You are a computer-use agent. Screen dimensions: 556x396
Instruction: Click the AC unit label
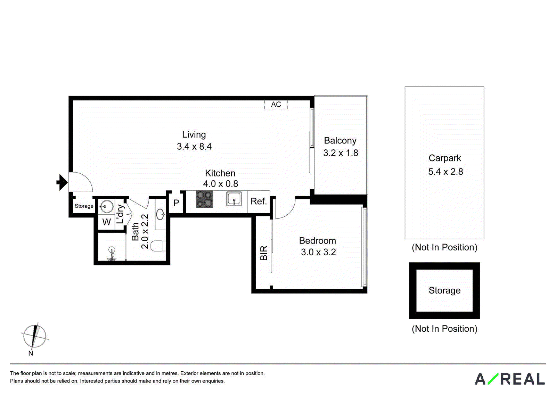pyautogui.click(x=276, y=105)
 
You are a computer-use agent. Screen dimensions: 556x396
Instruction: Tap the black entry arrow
pyautogui.click(x=62, y=182)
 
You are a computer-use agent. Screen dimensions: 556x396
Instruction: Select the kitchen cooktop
pyautogui.click(x=205, y=199)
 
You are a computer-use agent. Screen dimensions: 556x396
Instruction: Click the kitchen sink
pyautogui.click(x=234, y=199)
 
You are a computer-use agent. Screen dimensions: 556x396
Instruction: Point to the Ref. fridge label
pyautogui.click(x=259, y=201)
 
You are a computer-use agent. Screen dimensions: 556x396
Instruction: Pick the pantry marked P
pyautogui.click(x=176, y=203)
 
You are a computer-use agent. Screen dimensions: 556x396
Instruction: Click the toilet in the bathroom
pyautogui.click(x=158, y=246)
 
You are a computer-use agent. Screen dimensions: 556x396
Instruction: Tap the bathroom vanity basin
pyautogui.click(x=160, y=214)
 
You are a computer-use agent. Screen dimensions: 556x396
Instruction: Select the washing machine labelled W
pyautogui.click(x=106, y=222)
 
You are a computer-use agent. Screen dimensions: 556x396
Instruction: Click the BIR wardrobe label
pyautogui.click(x=264, y=253)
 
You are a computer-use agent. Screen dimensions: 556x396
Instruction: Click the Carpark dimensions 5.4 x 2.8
pyautogui.click(x=445, y=172)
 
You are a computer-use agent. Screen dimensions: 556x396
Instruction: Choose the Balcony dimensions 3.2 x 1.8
pyautogui.click(x=341, y=153)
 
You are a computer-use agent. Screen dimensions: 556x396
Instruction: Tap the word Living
pyautogui.click(x=194, y=135)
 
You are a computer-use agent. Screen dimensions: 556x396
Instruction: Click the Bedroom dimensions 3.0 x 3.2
pyautogui.click(x=318, y=252)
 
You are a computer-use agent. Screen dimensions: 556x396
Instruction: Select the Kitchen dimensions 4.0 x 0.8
pyautogui.click(x=220, y=184)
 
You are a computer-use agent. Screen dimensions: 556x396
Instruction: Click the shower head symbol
pyautogui.click(x=112, y=253)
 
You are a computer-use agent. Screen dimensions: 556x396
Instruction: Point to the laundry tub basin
pyautogui.click(x=106, y=206)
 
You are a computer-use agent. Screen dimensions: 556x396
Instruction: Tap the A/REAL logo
pyautogui.click(x=510, y=379)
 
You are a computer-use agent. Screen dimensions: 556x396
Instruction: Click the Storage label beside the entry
pyautogui.click(x=84, y=206)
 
